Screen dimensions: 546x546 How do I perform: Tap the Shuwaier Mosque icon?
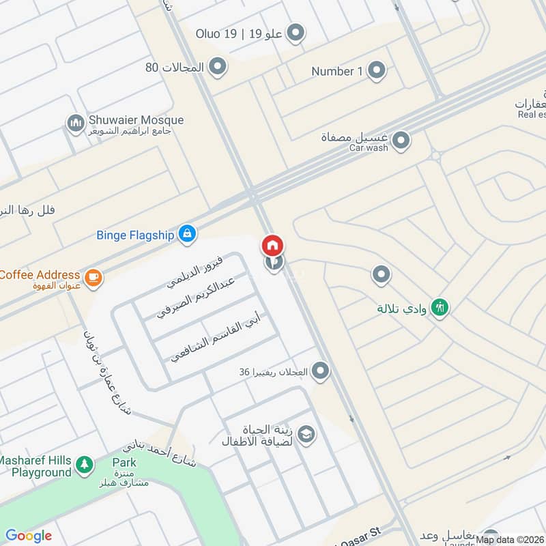(x=75, y=124)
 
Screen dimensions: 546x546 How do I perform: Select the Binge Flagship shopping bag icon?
(x=186, y=235)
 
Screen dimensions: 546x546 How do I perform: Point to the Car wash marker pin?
(x=402, y=141)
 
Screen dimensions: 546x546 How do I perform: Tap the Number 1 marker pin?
(x=376, y=70)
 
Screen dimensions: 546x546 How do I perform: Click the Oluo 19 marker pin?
(x=296, y=32)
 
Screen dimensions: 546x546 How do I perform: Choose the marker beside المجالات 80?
(x=218, y=66)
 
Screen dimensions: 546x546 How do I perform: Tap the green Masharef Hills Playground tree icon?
(x=84, y=465)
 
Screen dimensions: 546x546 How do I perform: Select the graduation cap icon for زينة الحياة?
(x=306, y=435)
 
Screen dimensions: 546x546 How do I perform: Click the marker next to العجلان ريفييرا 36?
(x=320, y=371)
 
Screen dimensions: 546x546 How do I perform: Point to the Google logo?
(x=29, y=536)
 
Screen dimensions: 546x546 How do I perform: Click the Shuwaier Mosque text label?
(x=136, y=119)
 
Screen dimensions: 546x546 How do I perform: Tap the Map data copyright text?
(x=510, y=539)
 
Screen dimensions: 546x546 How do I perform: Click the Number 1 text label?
(x=336, y=71)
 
